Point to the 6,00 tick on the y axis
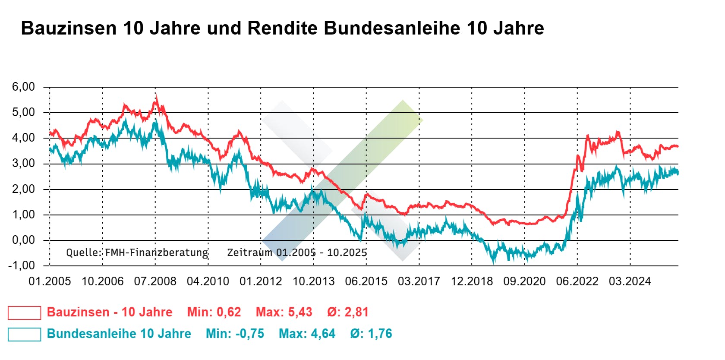23,87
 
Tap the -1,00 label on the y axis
21,265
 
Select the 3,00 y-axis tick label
23,163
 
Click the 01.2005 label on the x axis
50,281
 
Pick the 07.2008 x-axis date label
155,281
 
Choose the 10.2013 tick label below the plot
313,281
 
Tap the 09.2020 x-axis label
524,281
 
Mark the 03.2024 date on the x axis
630,281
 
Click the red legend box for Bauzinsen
25,313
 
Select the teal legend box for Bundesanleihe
25,334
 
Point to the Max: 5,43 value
284,312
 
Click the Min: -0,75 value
235,334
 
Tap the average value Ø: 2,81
347,312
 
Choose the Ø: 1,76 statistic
371,334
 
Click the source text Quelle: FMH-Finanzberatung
137,253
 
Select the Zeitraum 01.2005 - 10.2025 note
297,253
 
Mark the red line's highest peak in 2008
157,96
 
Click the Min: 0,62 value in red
214,312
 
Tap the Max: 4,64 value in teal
307,334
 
